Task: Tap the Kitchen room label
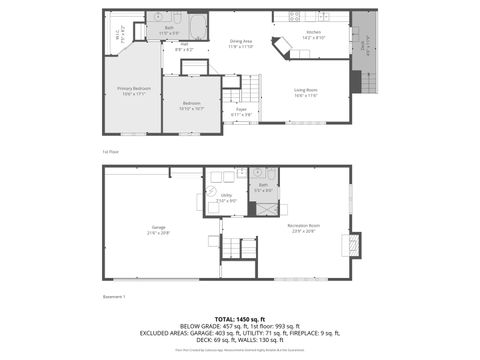coord(313,35)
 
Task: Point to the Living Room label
coord(305,93)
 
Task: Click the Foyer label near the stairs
coord(241,112)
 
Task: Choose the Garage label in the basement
coord(158,229)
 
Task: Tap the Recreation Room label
coord(303,228)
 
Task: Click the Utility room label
coord(226,197)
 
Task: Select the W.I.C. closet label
coord(120,35)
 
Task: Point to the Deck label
coord(363,45)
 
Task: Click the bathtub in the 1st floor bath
coord(197,26)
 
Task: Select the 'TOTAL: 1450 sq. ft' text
coord(240,318)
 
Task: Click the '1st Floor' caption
coord(112,151)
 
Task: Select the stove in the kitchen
coord(294,17)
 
